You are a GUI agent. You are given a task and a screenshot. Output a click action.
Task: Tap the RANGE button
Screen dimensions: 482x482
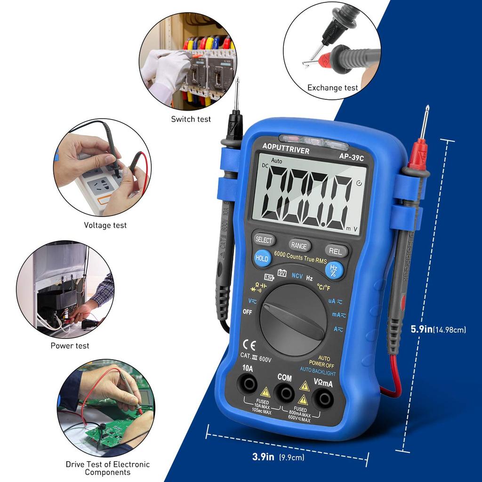(299, 245)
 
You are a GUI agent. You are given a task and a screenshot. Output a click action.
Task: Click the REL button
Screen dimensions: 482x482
(336, 251)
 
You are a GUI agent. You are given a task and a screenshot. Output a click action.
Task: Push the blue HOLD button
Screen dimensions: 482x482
(262, 258)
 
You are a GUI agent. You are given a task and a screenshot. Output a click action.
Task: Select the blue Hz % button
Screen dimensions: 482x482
(334, 270)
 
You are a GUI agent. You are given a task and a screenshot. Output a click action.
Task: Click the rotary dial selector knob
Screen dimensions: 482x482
(293, 320)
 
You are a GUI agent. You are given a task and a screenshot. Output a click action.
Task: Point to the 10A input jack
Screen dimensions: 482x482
(248, 385)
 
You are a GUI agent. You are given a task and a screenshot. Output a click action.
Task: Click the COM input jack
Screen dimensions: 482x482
(284, 392)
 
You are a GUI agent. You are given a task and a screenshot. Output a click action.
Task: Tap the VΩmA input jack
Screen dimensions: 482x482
(323, 398)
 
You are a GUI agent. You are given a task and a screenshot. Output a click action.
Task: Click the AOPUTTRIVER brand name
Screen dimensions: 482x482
(286, 151)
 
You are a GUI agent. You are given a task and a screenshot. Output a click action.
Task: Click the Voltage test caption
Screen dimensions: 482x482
(105, 225)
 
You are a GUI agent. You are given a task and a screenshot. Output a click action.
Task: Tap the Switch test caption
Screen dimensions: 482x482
(191, 119)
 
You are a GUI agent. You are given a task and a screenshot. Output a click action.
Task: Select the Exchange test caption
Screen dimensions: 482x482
(333, 88)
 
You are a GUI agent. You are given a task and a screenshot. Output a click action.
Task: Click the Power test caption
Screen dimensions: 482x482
(70, 345)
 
